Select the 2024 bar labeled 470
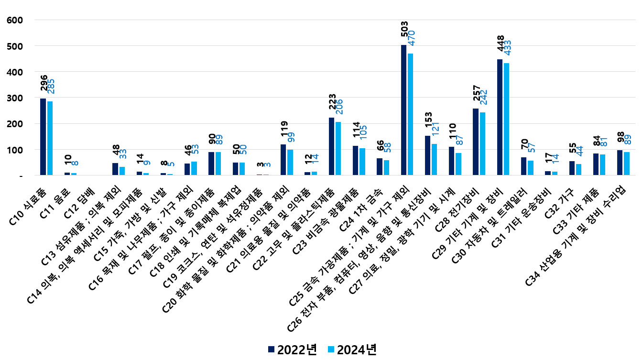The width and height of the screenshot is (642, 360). [x=411, y=114]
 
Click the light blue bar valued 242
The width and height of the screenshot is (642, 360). [x=482, y=144]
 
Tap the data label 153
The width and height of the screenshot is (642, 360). [x=428, y=123]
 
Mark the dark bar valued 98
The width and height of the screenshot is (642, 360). [x=620, y=163]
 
